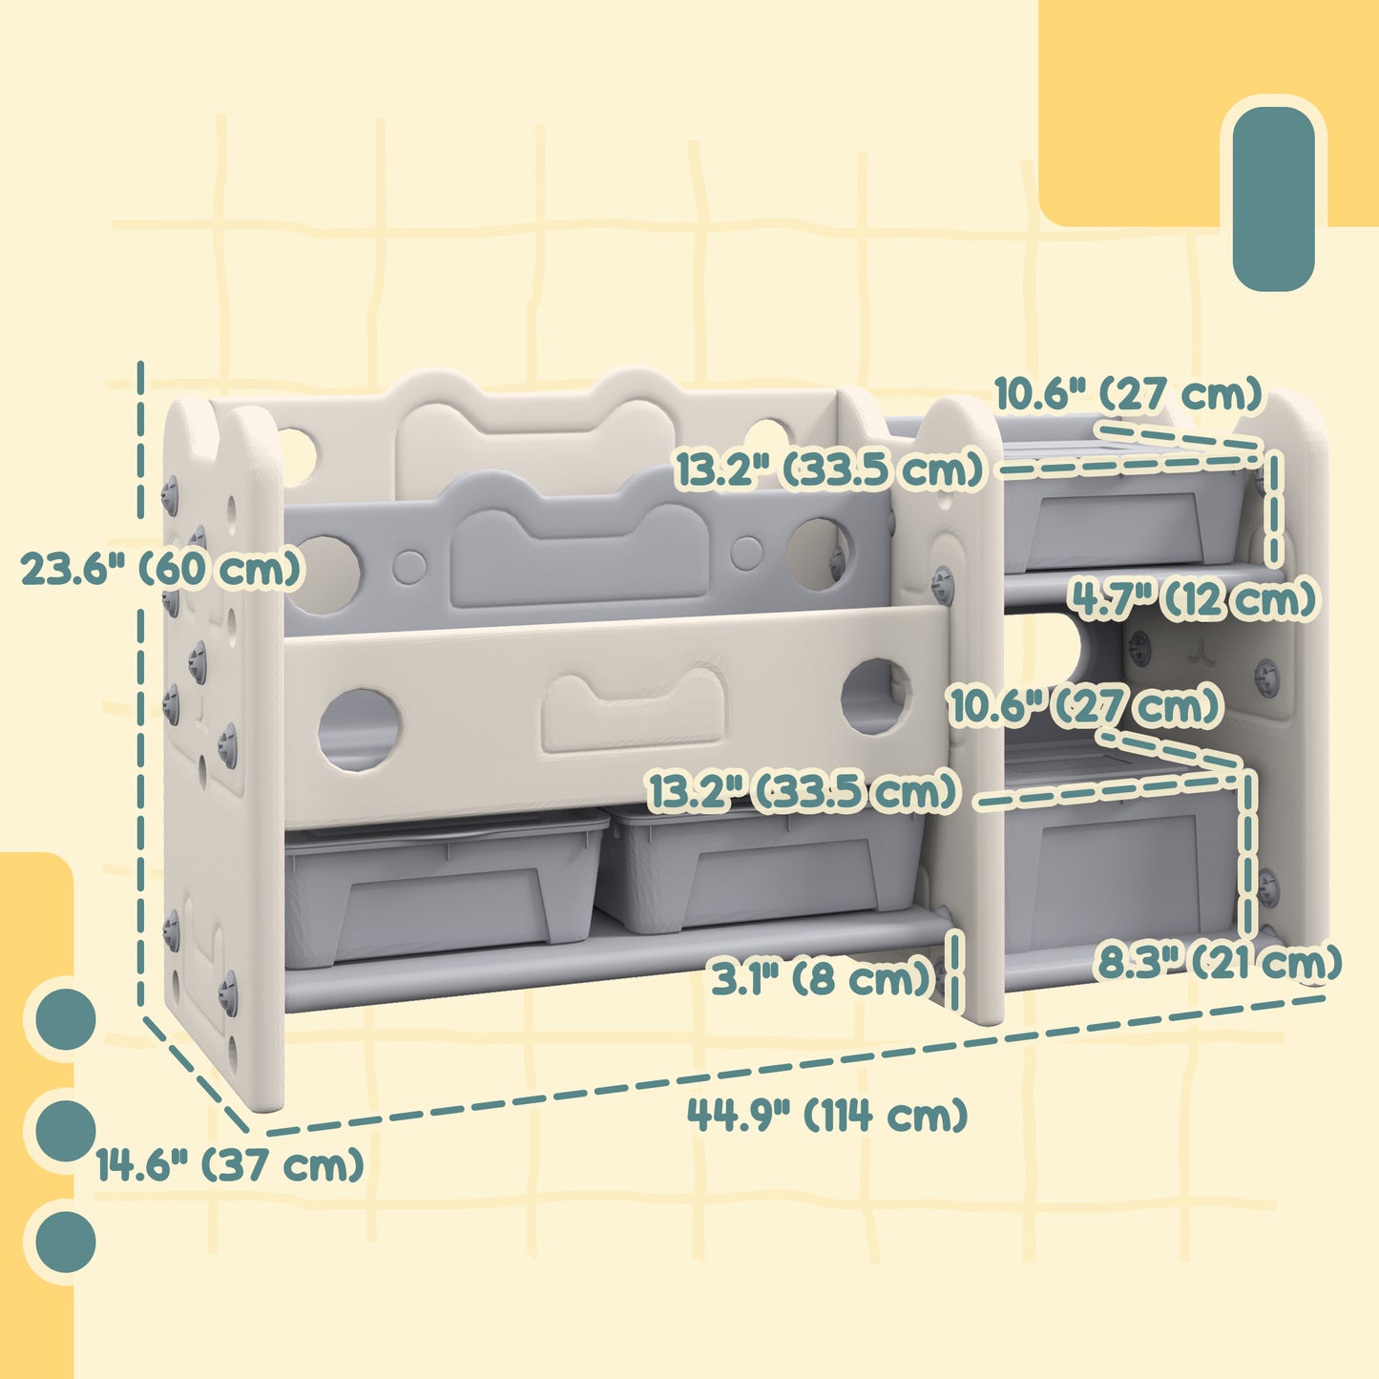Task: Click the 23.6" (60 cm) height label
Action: (160, 570)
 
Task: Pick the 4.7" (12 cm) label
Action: (1192, 599)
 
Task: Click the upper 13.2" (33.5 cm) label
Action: (831, 470)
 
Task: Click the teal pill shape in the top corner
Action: (1273, 198)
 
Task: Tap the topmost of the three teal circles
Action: (65, 1019)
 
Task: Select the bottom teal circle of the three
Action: (65, 1242)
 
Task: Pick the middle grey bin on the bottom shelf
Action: (761, 868)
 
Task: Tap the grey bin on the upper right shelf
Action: (1126, 515)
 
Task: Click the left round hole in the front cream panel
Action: (359, 730)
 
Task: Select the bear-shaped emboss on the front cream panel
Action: (634, 713)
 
